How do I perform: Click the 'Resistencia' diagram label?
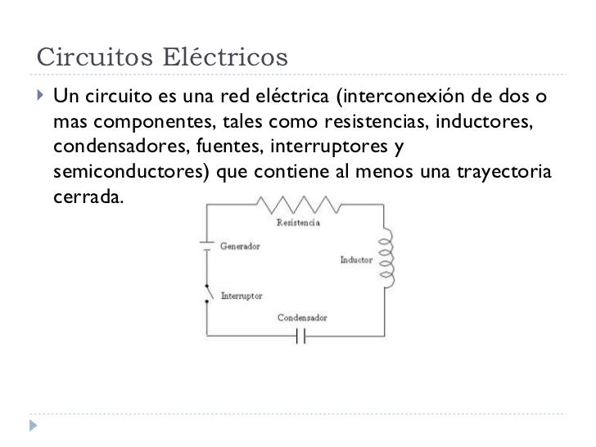(296, 223)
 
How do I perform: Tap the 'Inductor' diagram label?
(357, 260)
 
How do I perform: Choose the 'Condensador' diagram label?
(301, 317)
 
